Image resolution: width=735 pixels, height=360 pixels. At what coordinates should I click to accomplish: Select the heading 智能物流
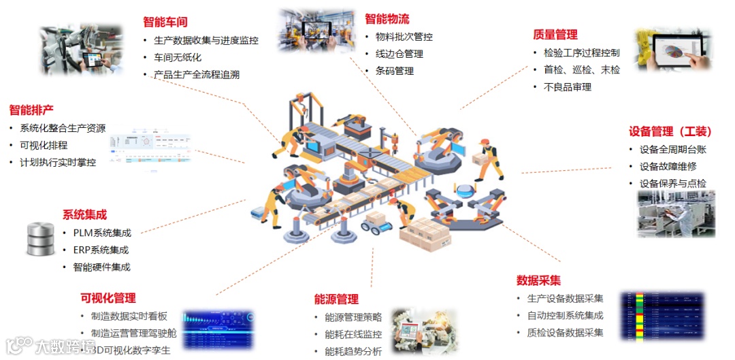click(x=387, y=19)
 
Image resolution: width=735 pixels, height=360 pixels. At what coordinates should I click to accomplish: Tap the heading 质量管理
click(x=555, y=35)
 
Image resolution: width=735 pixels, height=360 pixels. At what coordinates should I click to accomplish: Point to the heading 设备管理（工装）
click(x=670, y=131)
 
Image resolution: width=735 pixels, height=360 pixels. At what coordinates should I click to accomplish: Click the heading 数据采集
click(x=538, y=280)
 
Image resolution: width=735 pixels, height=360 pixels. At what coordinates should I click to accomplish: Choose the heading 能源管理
click(x=336, y=299)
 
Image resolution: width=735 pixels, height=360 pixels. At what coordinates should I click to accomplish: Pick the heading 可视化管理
click(x=108, y=298)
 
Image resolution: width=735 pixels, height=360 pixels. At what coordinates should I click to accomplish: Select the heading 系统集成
click(x=84, y=215)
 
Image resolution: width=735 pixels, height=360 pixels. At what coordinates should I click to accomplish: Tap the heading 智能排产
click(x=31, y=110)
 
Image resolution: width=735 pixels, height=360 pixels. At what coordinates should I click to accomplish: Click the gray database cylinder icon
click(x=40, y=238)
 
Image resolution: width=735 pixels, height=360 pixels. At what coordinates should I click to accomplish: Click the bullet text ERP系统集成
click(x=101, y=250)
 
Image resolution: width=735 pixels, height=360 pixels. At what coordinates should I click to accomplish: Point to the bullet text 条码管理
click(x=390, y=71)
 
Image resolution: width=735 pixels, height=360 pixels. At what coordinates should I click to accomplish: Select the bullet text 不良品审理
click(x=568, y=87)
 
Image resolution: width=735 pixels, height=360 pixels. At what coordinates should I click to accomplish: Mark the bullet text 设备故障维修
click(x=668, y=166)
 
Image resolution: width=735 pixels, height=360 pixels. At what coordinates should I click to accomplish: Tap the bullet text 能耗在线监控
click(x=353, y=335)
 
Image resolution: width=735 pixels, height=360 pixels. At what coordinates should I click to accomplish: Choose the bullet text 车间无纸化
click(x=178, y=57)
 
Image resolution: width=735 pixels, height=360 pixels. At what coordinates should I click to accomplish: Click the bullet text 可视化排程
click(x=44, y=145)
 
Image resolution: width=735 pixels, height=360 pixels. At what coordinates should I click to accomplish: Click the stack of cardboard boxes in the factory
click(x=424, y=235)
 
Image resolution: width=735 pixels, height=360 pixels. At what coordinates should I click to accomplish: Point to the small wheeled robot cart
click(x=374, y=223)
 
